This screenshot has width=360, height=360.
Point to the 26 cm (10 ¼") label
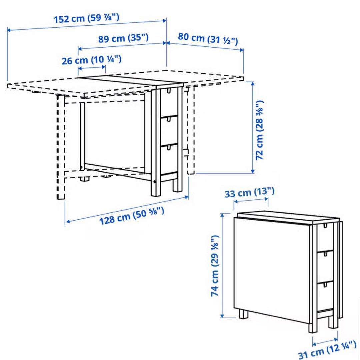coord(91,60)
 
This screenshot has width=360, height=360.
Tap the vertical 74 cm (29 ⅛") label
coord(215,265)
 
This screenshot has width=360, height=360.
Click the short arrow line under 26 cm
coord(92,68)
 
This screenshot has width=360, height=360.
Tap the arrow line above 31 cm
coord(325,341)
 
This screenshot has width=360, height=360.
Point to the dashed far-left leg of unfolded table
coord(60,147)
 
